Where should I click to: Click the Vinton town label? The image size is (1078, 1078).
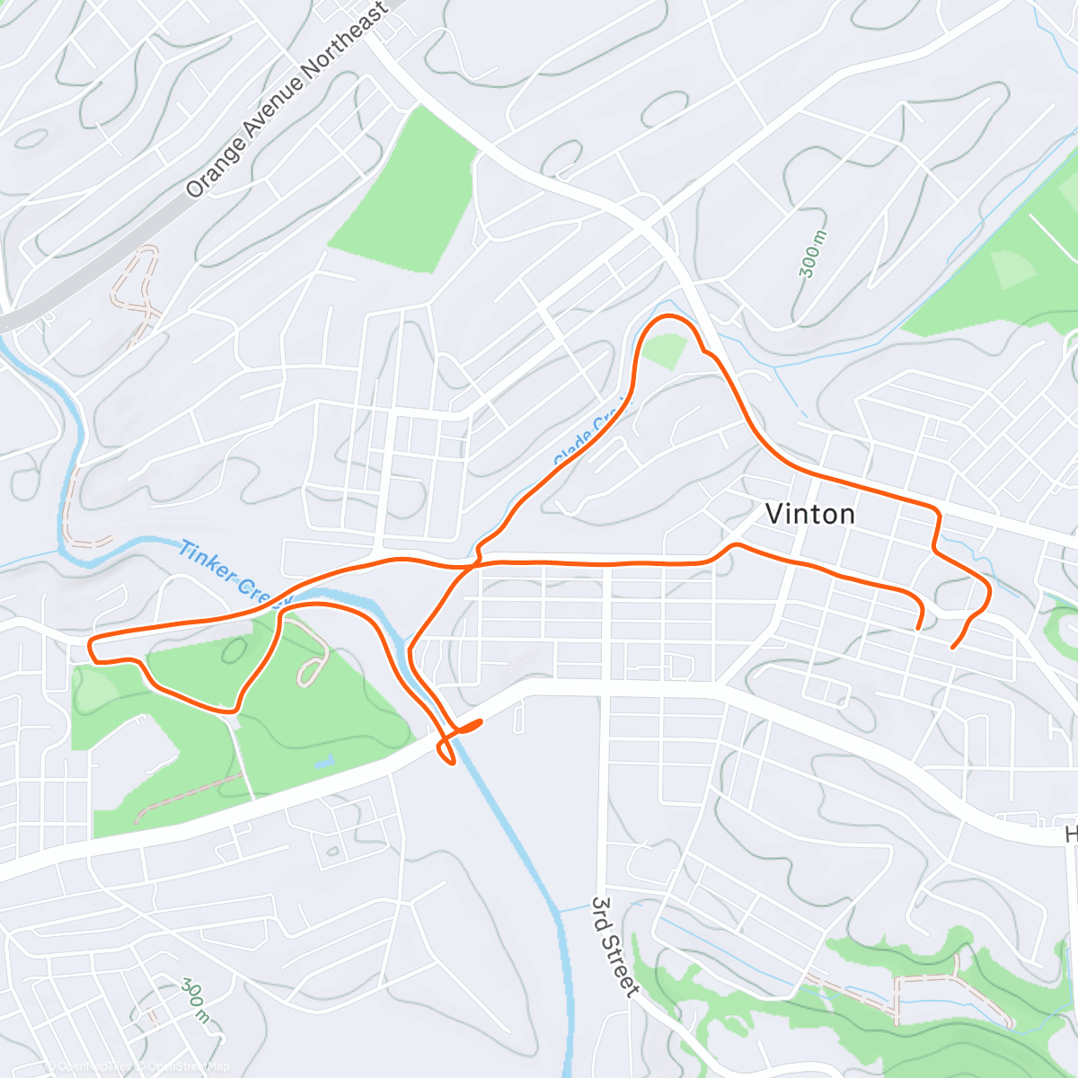(x=809, y=514)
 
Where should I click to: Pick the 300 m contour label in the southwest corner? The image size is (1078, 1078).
(x=195, y=1001)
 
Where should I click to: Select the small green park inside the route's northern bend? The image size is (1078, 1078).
(x=664, y=350)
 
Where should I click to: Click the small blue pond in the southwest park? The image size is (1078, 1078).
(x=323, y=763)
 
